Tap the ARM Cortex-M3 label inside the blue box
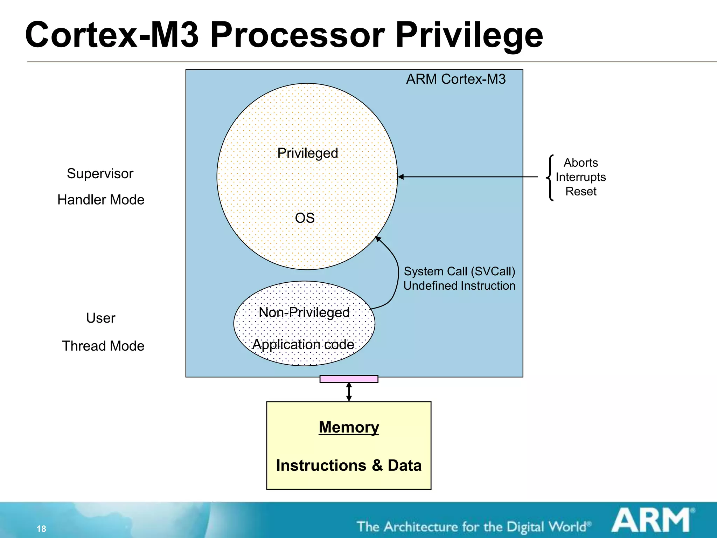pyautogui.click(x=455, y=79)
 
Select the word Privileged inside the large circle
pyautogui.click(x=307, y=153)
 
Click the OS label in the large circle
pyautogui.click(x=305, y=218)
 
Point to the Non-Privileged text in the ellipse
pyautogui.click(x=304, y=312)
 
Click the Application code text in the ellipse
pyautogui.click(x=303, y=344)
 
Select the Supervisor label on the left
pyautogui.click(x=100, y=174)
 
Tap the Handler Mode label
pyautogui.click(x=101, y=200)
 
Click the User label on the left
pyautogui.click(x=100, y=318)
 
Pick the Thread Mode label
pyautogui.click(x=103, y=346)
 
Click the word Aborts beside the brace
pyautogui.click(x=580, y=163)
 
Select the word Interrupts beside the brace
pyautogui.click(x=580, y=177)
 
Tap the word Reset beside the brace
pyautogui.click(x=580, y=191)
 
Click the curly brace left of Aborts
pyautogui.click(x=550, y=178)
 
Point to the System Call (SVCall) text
pyautogui.click(x=459, y=271)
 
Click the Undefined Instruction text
pyautogui.click(x=459, y=286)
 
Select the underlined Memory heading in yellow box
pyautogui.click(x=349, y=427)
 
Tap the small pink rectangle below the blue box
pyautogui.click(x=349, y=379)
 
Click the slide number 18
pyautogui.click(x=41, y=529)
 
